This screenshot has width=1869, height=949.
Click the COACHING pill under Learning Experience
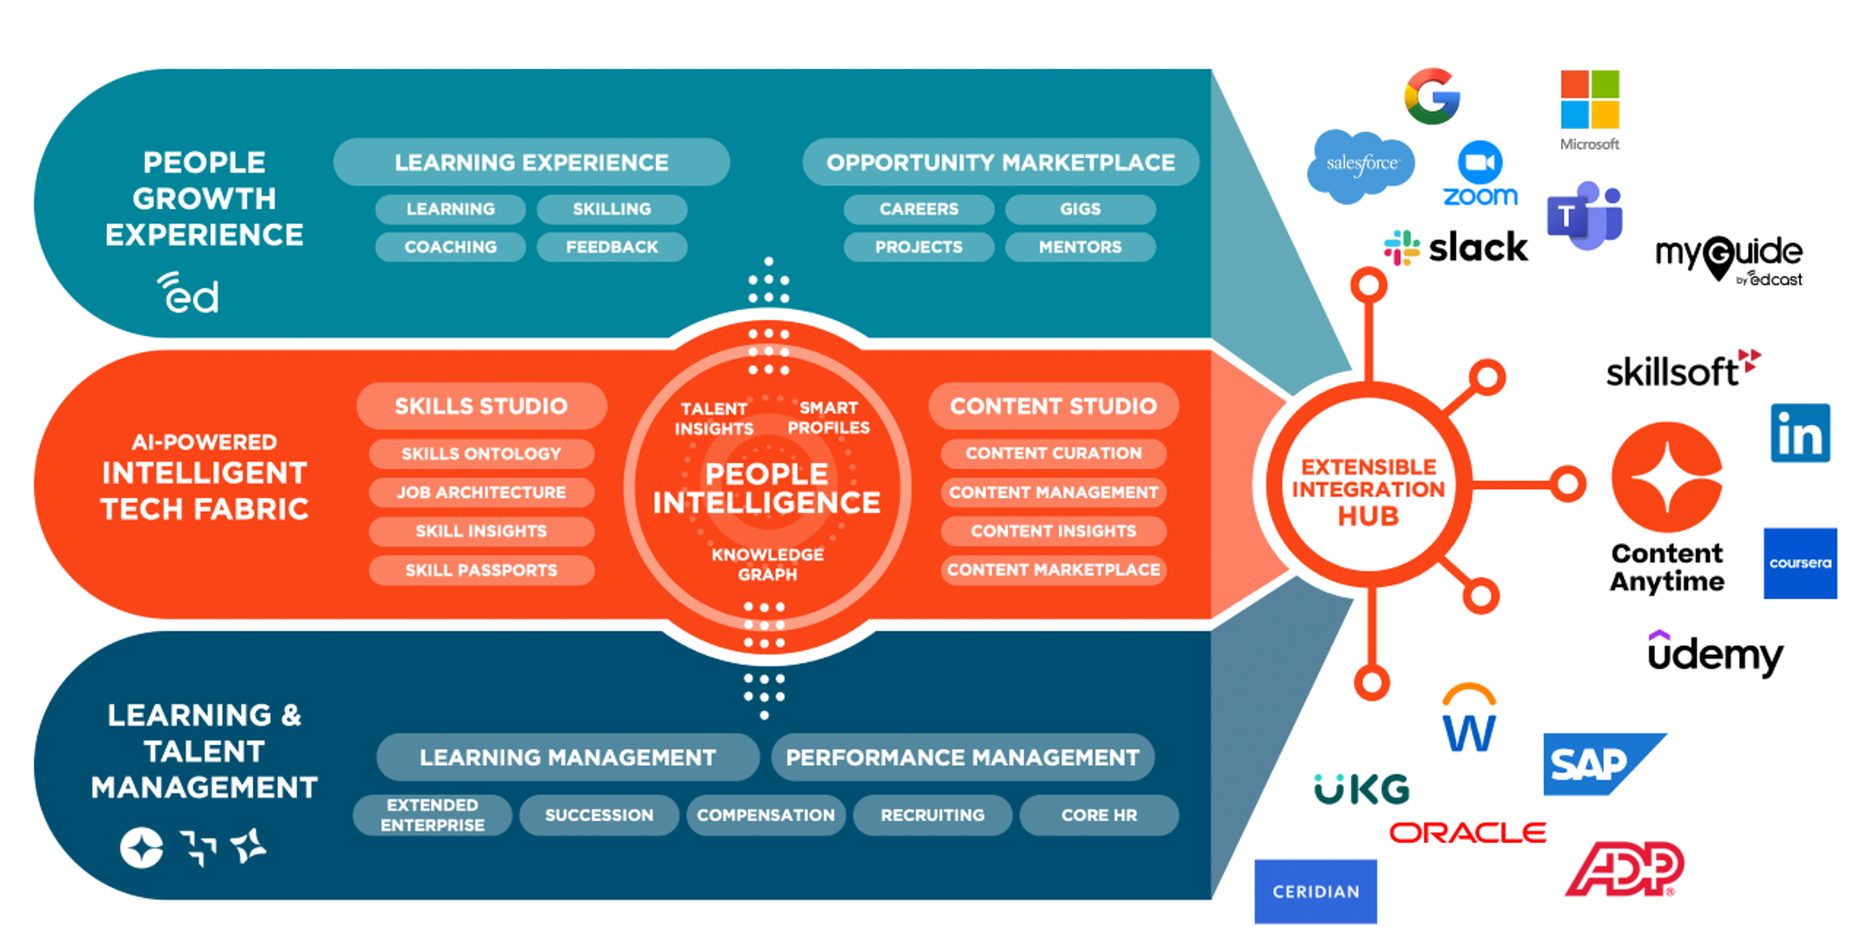(x=450, y=247)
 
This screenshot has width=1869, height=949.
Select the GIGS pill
(x=1080, y=209)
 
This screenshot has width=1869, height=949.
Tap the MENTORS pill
(x=1080, y=247)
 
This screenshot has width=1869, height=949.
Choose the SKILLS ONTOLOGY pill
(x=481, y=453)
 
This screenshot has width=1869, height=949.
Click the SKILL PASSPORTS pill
(x=481, y=570)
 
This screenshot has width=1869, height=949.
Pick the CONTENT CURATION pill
(x=1054, y=453)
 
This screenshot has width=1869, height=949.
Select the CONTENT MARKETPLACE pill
(x=1054, y=570)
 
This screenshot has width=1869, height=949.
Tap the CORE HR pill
(x=1099, y=815)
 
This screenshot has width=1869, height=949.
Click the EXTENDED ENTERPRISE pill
(x=432, y=815)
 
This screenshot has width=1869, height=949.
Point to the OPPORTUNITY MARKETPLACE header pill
(x=1000, y=162)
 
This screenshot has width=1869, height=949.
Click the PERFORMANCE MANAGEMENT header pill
(x=962, y=757)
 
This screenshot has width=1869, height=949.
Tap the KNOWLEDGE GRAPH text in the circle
(x=767, y=564)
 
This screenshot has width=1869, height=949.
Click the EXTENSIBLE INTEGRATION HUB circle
(x=1368, y=485)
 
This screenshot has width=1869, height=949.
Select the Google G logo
(x=1432, y=96)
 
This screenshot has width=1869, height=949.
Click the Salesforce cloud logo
(x=1360, y=165)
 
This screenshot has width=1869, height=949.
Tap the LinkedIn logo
(x=1800, y=433)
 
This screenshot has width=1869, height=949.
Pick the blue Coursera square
(x=1800, y=563)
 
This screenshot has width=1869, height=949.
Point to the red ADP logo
(x=1625, y=869)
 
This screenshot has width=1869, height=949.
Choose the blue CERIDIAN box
(x=1316, y=891)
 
